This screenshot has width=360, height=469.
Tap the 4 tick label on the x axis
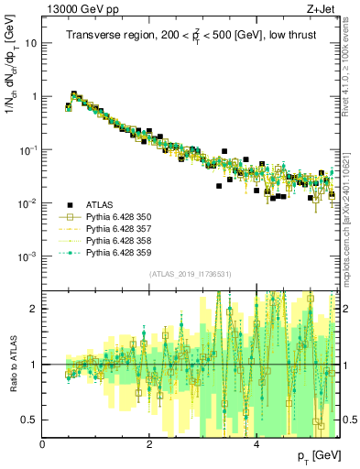(x=255, y=444)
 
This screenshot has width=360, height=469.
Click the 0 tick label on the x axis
(x=43, y=444)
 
